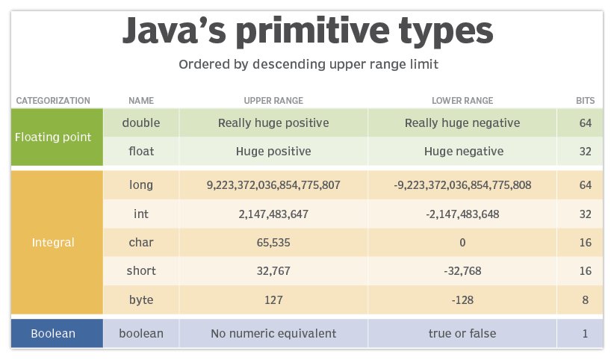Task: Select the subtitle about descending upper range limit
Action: [308, 64]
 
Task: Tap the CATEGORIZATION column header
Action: [53, 100]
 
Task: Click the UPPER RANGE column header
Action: [273, 100]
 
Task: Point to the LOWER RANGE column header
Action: [462, 100]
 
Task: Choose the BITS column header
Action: [585, 100]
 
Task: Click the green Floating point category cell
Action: [53, 137]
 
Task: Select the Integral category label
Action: [53, 243]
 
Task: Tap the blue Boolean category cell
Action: [53, 333]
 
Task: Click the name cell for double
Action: [141, 122]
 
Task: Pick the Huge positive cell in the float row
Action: [273, 151]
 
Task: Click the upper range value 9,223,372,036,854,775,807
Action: [273, 185]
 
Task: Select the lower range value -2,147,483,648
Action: [462, 214]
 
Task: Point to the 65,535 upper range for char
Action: [273, 243]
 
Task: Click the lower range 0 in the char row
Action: [462, 243]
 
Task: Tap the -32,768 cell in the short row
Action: [462, 271]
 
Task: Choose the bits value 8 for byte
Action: [585, 300]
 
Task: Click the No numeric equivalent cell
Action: [273, 333]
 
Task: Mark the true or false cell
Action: [462, 333]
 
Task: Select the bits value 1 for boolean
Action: [585, 333]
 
